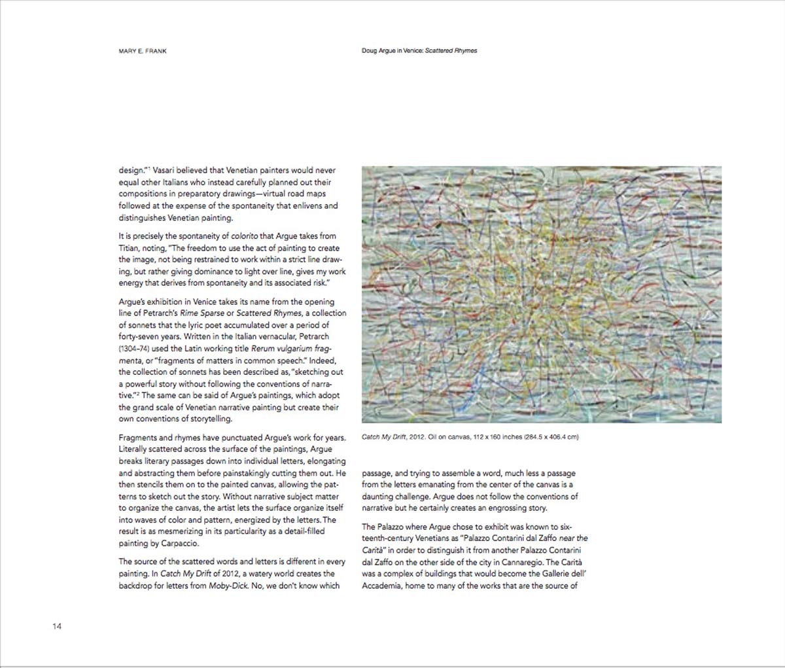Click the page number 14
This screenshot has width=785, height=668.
pyautogui.click(x=57, y=627)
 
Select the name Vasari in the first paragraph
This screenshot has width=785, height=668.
pyautogui.click(x=166, y=171)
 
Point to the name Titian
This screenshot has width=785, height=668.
pyautogui.click(x=130, y=248)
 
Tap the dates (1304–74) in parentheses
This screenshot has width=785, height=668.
pyautogui.click(x=133, y=349)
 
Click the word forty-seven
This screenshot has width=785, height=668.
pyautogui.click(x=139, y=337)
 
